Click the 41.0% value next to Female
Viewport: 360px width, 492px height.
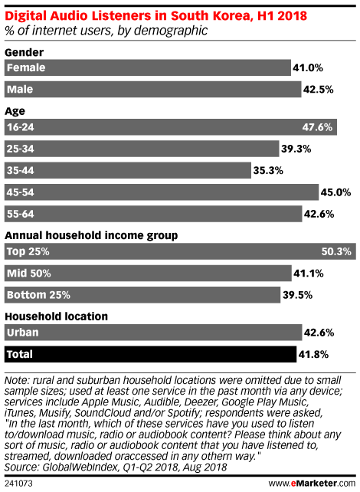[x=308, y=67]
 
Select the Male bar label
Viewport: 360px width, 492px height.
[x=20, y=90]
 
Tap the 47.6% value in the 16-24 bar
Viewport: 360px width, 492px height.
[x=317, y=127]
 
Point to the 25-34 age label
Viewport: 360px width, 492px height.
[x=21, y=149]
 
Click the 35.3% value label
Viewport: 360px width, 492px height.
[x=268, y=170]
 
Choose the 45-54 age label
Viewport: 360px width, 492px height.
[x=21, y=192]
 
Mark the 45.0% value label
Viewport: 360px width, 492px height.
[x=335, y=192]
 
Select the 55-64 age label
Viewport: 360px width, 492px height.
[x=21, y=214]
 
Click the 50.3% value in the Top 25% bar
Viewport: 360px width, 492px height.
[x=336, y=251]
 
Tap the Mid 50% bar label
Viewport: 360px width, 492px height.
[x=29, y=273]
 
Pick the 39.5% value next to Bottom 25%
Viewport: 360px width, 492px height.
[x=298, y=295]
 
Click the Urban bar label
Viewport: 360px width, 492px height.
[x=22, y=333]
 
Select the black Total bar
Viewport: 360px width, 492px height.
[x=150, y=354]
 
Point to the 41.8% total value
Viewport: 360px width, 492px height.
[x=313, y=354]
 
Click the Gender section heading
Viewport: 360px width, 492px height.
[x=25, y=52]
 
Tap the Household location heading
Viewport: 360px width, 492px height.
[x=57, y=317]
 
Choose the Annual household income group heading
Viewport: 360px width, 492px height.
[x=91, y=235]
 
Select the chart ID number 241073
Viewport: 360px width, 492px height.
[x=18, y=484]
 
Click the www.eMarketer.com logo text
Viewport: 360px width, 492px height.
[x=312, y=483]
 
